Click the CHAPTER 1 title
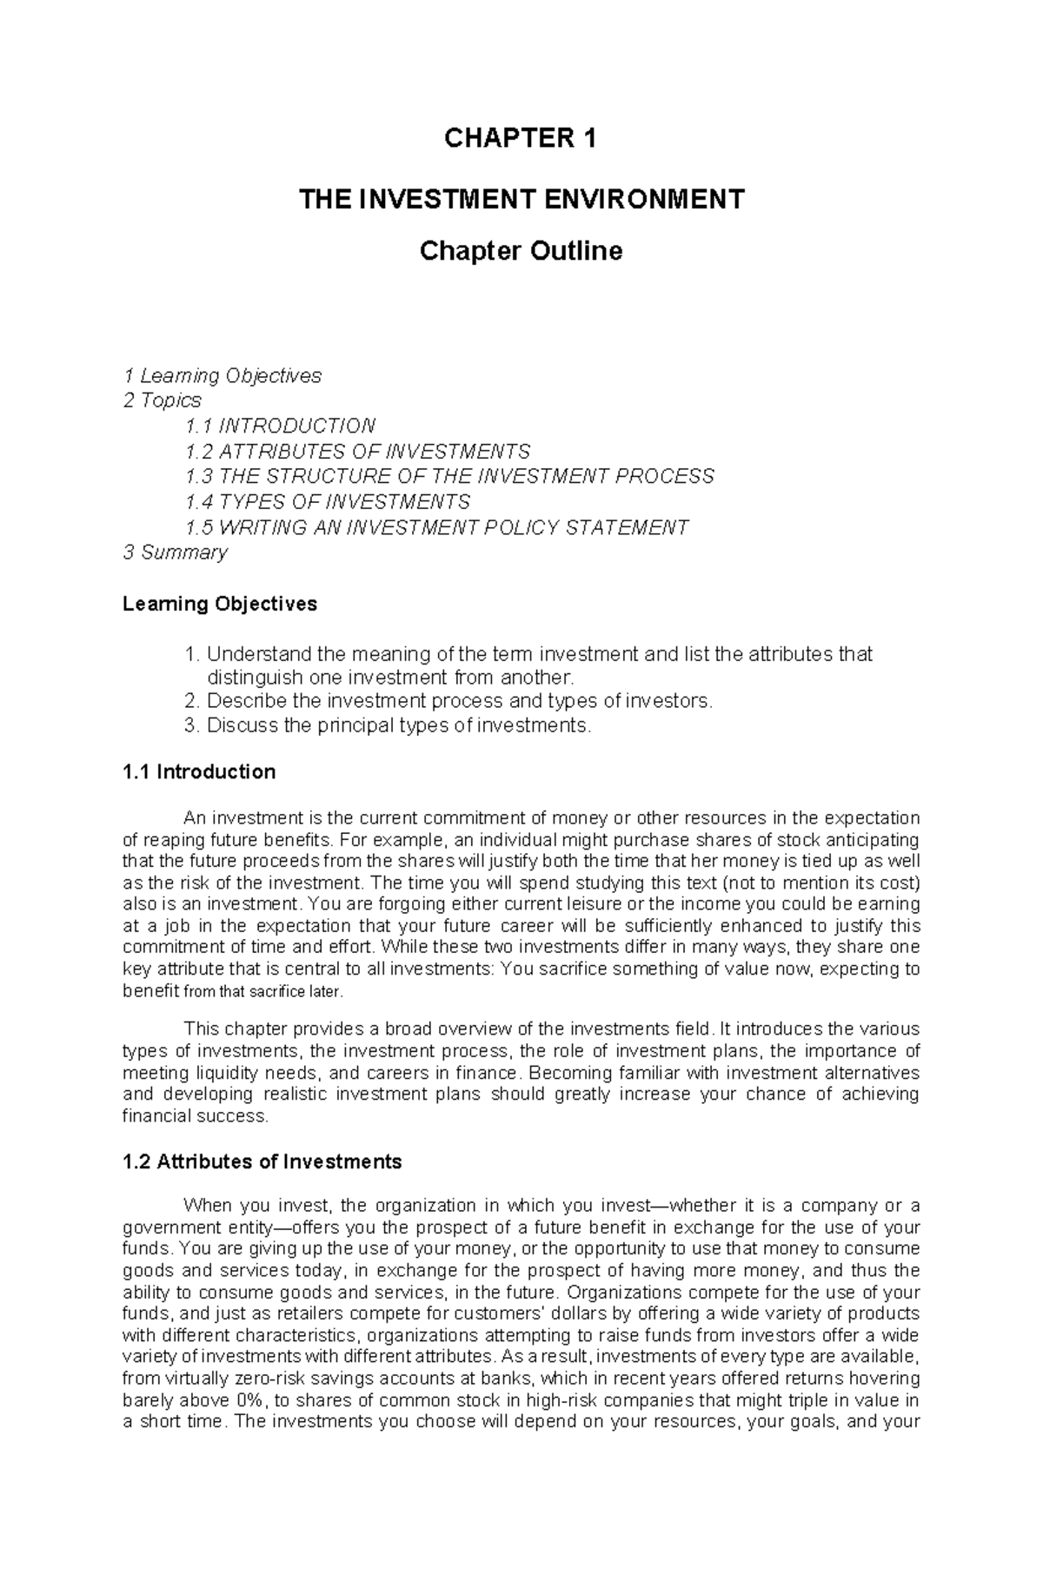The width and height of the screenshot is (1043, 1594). [x=520, y=139]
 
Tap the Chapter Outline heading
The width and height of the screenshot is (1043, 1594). [x=521, y=251]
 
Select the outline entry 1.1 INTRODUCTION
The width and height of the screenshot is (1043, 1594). [x=280, y=426]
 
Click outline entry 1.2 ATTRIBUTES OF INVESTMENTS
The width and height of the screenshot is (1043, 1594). [x=357, y=452]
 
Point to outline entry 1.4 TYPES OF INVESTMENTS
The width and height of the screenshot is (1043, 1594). [x=328, y=502]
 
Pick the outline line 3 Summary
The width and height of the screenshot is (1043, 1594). [x=175, y=552]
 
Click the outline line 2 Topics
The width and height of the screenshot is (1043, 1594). [x=162, y=400]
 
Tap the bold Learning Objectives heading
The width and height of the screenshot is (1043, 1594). [x=220, y=603]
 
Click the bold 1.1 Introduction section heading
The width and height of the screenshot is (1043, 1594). [x=199, y=771]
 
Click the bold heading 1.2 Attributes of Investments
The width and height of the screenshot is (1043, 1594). [x=262, y=1161]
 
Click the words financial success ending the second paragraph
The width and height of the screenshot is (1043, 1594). [x=195, y=1116]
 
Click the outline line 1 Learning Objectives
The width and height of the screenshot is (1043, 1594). [x=222, y=375]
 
